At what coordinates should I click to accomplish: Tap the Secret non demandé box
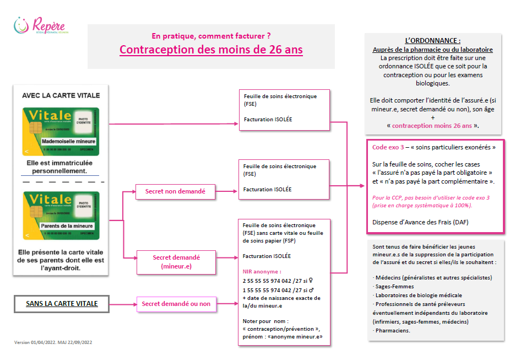click(x=175, y=191)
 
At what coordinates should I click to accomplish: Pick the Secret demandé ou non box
click(x=176, y=304)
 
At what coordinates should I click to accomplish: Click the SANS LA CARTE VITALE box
click(x=62, y=304)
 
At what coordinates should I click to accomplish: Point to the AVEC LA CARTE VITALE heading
click(x=61, y=95)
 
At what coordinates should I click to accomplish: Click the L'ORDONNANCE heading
click(x=432, y=41)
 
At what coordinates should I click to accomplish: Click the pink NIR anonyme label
click(x=262, y=272)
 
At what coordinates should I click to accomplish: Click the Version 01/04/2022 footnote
click(x=53, y=342)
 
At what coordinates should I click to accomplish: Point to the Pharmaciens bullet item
click(x=392, y=330)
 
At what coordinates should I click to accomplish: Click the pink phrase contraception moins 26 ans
click(x=432, y=126)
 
